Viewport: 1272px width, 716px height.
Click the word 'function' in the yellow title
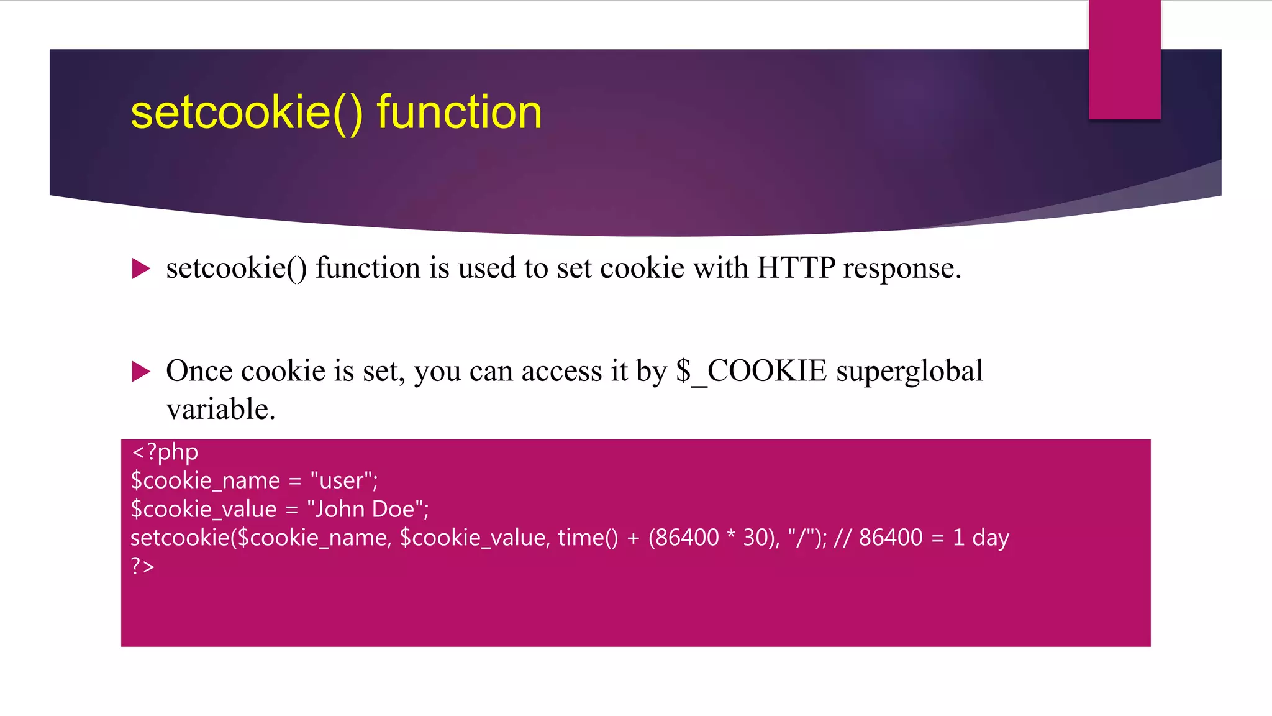click(459, 112)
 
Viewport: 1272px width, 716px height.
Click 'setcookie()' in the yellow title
click(247, 112)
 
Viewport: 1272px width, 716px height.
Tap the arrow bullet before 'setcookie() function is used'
click(141, 269)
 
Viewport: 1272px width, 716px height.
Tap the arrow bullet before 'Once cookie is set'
click(141, 372)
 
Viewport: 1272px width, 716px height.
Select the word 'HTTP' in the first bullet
click(796, 268)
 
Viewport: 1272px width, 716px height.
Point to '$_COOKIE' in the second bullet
click(751, 372)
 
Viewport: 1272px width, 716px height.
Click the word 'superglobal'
click(909, 372)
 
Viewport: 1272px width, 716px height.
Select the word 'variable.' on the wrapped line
click(220, 410)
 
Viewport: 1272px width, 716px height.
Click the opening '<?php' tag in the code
click(165, 452)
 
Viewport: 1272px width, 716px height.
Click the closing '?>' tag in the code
click(142, 566)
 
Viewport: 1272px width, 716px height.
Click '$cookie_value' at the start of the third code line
click(204, 510)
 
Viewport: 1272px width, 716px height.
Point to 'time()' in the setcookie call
click(588, 538)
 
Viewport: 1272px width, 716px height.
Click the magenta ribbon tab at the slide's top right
click(1124, 60)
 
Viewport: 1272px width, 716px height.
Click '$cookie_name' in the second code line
click(206, 481)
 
